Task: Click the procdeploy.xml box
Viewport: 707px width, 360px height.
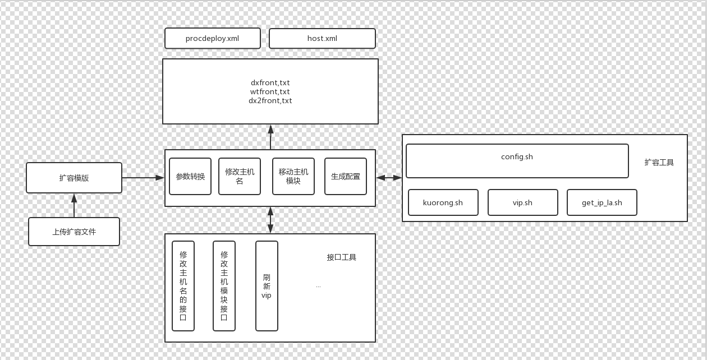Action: click(x=212, y=39)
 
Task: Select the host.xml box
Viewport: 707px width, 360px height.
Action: click(x=322, y=39)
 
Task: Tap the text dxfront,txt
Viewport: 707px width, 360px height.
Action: click(x=270, y=83)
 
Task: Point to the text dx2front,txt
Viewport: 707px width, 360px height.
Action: click(x=270, y=101)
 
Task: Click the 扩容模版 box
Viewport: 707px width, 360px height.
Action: click(x=74, y=178)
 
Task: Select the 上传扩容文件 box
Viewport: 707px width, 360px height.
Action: click(x=74, y=232)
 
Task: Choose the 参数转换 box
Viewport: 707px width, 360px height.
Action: click(x=190, y=176)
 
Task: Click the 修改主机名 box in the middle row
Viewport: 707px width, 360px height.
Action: click(x=240, y=176)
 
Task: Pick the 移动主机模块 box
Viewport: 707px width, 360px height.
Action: click(x=293, y=176)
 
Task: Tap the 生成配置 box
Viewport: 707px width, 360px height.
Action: click(x=346, y=176)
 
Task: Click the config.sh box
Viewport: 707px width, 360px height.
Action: click(x=517, y=161)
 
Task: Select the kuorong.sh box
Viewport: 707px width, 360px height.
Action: click(x=443, y=202)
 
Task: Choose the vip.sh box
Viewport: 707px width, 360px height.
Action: click(x=522, y=202)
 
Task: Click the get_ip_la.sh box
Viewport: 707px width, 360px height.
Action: click(x=602, y=202)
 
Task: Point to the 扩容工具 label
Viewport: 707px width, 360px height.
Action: click(x=659, y=163)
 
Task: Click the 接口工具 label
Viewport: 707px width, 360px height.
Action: click(x=342, y=257)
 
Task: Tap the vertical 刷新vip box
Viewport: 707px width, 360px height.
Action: click(x=267, y=286)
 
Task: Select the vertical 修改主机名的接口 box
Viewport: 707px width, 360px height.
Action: click(x=183, y=286)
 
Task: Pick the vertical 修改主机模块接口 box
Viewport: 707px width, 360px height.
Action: click(x=224, y=286)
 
